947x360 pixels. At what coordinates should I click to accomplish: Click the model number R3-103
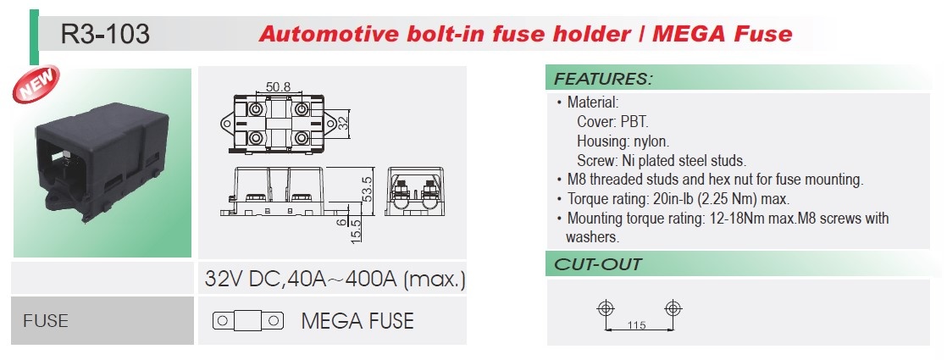(106, 34)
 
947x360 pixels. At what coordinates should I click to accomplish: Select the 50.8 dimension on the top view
(279, 86)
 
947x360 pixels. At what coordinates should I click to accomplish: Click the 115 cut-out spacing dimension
(638, 325)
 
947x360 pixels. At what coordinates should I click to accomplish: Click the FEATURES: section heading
(603, 79)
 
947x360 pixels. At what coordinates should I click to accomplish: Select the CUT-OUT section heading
(598, 264)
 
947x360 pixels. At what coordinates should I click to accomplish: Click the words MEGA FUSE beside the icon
(357, 321)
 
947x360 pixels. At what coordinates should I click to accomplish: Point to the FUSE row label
(46, 321)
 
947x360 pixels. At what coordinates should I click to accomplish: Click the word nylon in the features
(650, 141)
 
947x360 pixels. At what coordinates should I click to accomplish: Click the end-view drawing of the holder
(417, 194)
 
